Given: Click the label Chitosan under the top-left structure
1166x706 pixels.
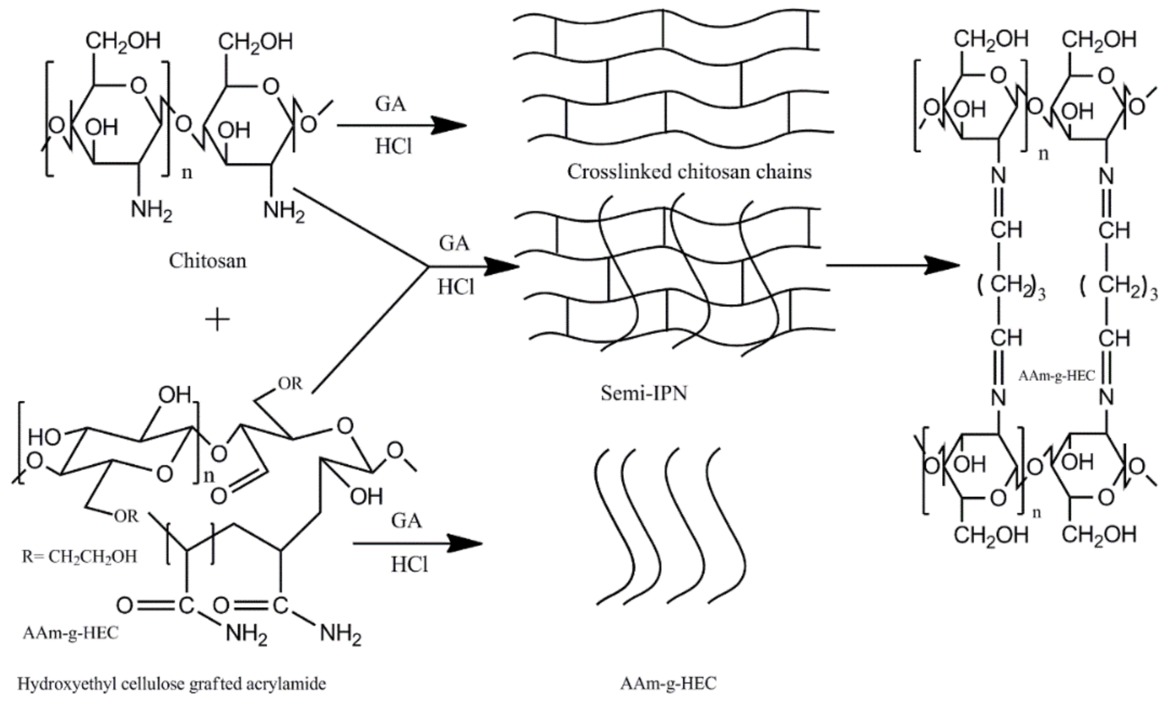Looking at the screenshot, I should pyautogui.click(x=208, y=261).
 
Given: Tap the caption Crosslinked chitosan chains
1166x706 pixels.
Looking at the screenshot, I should pyautogui.click(x=689, y=171).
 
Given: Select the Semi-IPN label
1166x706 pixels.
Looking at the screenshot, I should pyautogui.click(x=644, y=393).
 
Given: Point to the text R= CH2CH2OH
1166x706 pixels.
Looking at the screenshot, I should pyautogui.click(x=80, y=556).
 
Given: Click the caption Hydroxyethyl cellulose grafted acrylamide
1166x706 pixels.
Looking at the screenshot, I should pyautogui.click(x=172, y=683).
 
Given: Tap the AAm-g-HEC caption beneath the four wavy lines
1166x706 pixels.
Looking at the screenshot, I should pyautogui.click(x=668, y=683).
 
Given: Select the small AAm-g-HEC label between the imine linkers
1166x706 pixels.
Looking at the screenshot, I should pyautogui.click(x=1056, y=376).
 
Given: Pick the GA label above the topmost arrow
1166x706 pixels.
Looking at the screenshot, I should pyautogui.click(x=390, y=104).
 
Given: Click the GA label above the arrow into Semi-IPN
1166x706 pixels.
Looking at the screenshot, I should pyautogui.click(x=454, y=243).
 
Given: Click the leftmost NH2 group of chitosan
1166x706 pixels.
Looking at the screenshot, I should pyautogui.click(x=151, y=209).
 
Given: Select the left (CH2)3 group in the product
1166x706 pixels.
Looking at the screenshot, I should pyautogui.click(x=1011, y=286).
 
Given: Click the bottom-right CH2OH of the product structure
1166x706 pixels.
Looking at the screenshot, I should pyautogui.click(x=1099, y=535).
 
